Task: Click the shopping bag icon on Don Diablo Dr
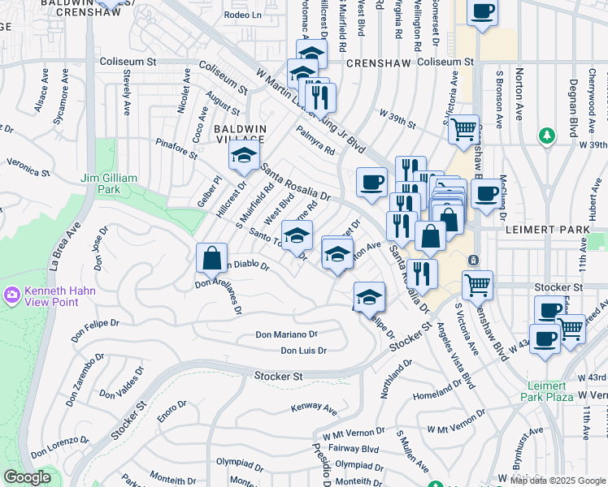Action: click(x=211, y=258)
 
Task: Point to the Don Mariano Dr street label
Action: click(x=286, y=334)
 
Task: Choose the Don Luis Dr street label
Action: click(x=303, y=351)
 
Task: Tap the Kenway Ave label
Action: click(x=314, y=407)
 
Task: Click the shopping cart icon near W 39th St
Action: click(x=463, y=128)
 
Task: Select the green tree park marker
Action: click(x=547, y=135)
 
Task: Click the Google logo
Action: click(x=27, y=477)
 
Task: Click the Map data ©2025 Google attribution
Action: click(x=557, y=480)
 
